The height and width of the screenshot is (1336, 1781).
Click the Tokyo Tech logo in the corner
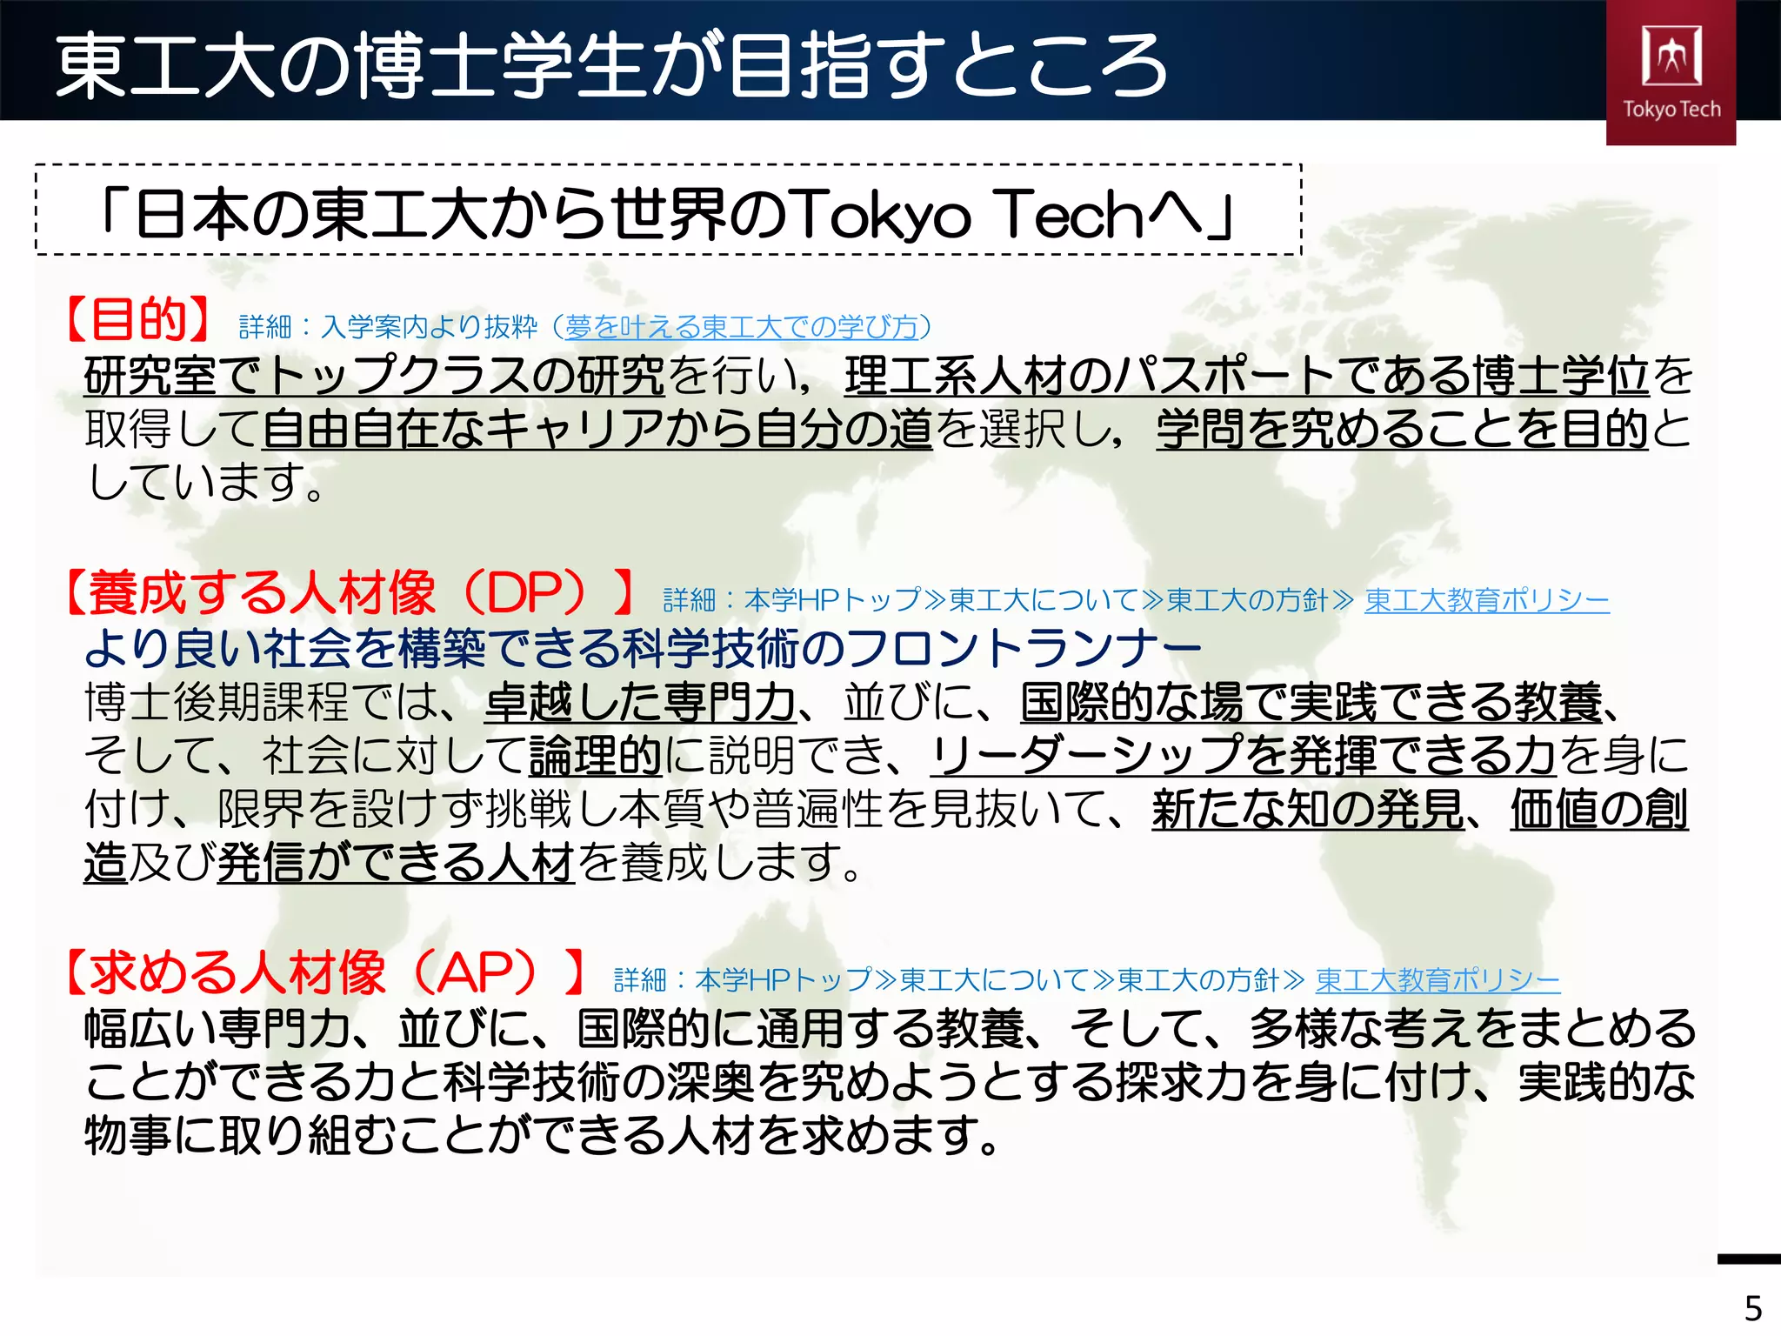[1671, 71]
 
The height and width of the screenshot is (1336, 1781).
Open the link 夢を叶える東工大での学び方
[742, 327]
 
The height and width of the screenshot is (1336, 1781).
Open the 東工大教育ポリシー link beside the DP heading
[1486, 600]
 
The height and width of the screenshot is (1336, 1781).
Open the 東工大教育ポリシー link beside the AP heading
[1437, 980]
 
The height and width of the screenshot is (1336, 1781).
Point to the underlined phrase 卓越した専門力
[640, 703]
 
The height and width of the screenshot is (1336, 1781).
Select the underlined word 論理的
[596, 756]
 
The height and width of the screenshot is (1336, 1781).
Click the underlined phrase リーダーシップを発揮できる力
[1242, 756]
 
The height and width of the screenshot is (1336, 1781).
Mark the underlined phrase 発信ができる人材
[396, 864]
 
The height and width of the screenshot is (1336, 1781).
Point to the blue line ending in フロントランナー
[643, 648]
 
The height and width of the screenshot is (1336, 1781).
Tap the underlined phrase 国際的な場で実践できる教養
[1311, 703]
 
